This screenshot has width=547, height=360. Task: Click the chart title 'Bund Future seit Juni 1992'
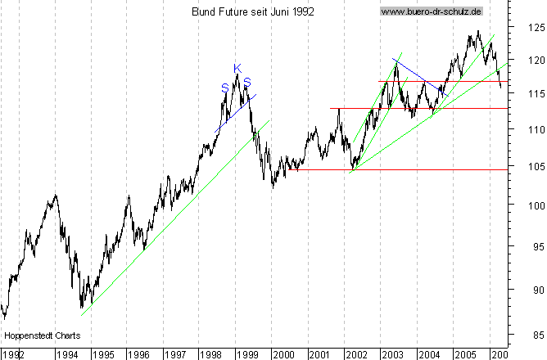coord(252,11)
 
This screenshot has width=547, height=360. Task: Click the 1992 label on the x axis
coord(13,354)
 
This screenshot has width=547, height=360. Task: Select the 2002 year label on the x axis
coord(355,354)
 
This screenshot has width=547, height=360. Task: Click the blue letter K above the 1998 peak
coord(237,68)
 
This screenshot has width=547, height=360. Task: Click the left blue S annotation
coord(224,88)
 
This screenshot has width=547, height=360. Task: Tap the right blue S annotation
coord(246,81)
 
